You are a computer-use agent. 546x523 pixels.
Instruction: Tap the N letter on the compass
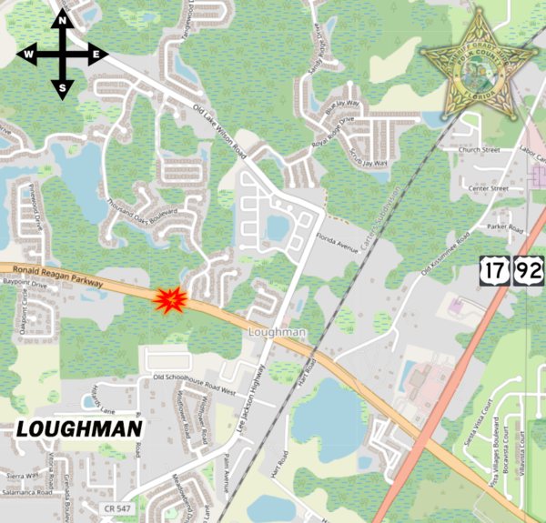(x=62, y=21)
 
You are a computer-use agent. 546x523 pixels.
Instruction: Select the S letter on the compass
(x=62, y=87)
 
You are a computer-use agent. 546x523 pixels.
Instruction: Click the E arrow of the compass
(x=96, y=55)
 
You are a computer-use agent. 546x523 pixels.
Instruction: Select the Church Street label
(x=480, y=149)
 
